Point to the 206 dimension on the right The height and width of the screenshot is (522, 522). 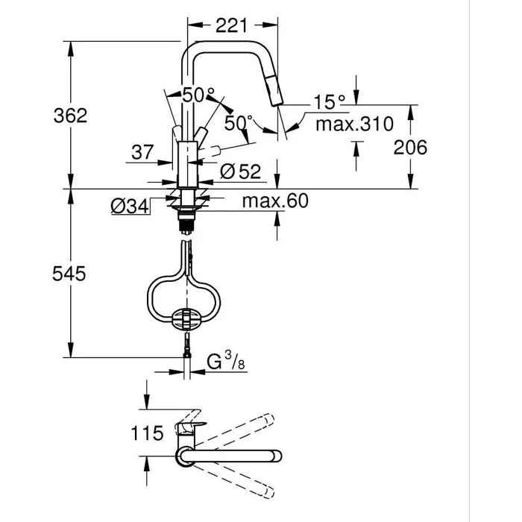click(x=409, y=147)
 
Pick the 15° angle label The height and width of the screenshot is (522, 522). click(x=330, y=101)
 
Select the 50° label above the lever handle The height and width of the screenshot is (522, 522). click(x=198, y=95)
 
